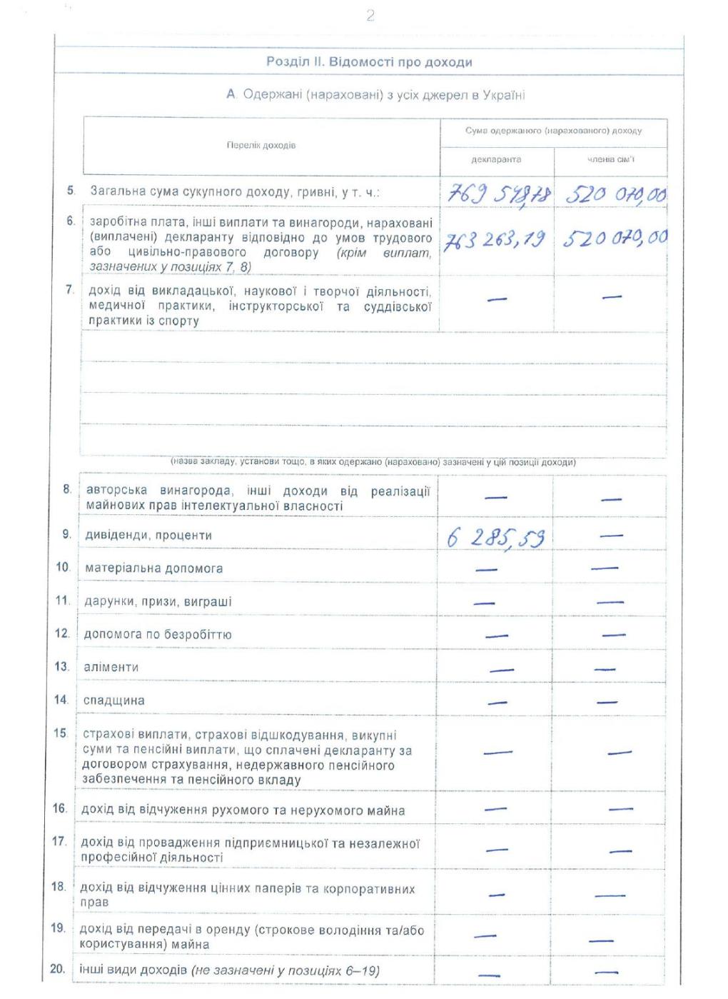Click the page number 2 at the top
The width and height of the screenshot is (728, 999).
pos(370,16)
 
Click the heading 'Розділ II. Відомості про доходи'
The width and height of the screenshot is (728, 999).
pos(369,62)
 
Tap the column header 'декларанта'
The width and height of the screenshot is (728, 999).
pos(496,159)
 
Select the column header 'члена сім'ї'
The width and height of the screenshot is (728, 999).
pos(610,159)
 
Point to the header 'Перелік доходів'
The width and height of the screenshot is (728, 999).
pos(261,146)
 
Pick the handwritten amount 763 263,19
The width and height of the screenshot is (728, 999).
pos(495,240)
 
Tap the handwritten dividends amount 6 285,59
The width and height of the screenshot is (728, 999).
pos(495,537)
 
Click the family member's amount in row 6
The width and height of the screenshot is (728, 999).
pos(615,239)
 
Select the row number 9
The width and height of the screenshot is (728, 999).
pos(66,534)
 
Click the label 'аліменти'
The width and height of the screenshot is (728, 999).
pos(111,667)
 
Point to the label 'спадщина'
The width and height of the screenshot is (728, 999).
pos(113,701)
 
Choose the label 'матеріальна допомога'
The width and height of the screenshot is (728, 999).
pos(153,568)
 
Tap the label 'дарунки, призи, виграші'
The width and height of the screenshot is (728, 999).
pos(158,601)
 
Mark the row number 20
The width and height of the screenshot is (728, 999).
pos(58,969)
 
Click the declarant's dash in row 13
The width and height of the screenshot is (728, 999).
pos(501,670)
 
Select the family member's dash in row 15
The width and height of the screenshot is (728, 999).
pos(619,753)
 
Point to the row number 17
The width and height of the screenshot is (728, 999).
pos(59,841)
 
